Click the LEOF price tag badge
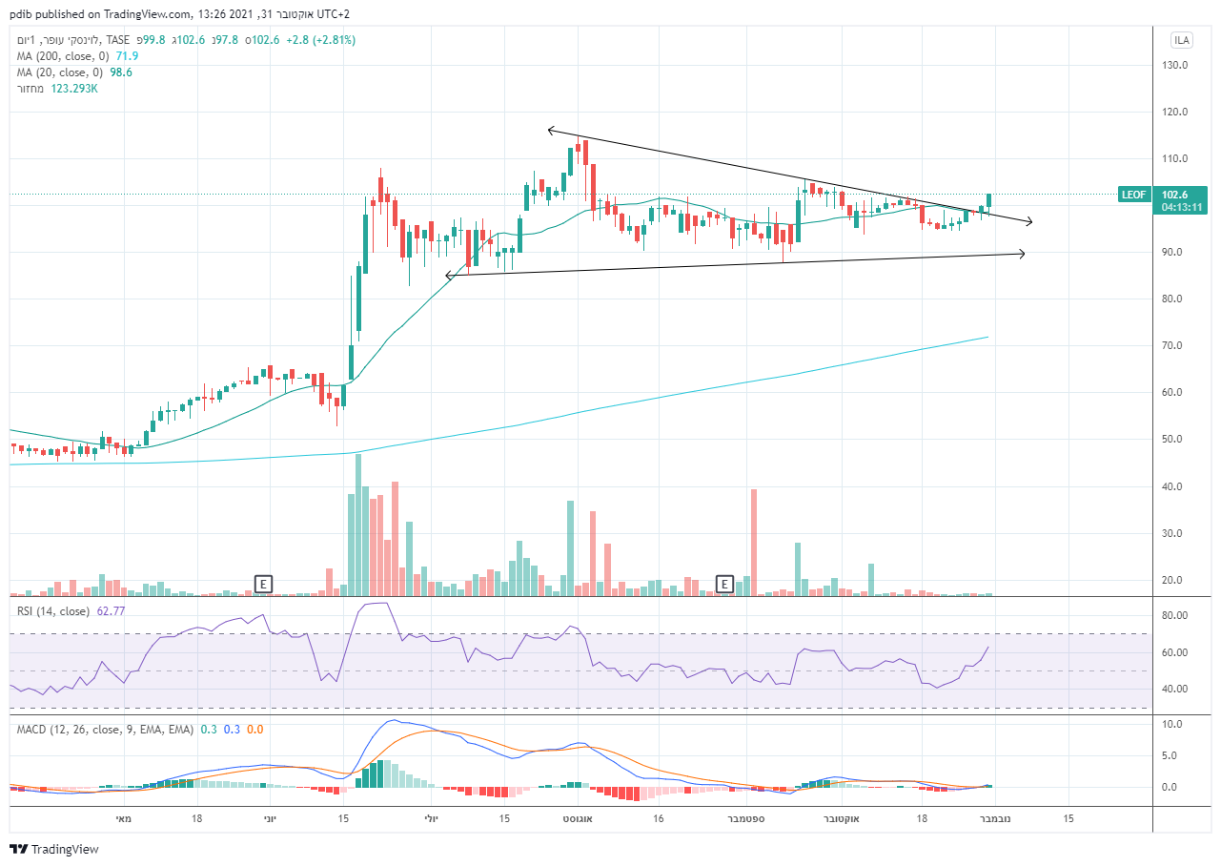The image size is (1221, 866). coord(1133,194)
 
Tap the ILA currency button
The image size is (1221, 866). coord(1182,40)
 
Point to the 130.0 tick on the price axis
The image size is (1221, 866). coord(1173,65)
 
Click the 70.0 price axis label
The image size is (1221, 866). coord(1173,345)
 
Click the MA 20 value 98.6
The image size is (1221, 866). coord(122,72)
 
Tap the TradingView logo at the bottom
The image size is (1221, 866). coord(54,849)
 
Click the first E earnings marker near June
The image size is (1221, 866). coord(263,583)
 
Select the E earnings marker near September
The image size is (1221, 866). coord(725,583)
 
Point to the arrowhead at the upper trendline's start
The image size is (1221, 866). coord(550,131)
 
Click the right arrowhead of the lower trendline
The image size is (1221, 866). coord(1022,254)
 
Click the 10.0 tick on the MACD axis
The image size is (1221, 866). coord(1173,724)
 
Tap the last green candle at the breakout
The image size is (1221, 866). coord(989,199)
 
